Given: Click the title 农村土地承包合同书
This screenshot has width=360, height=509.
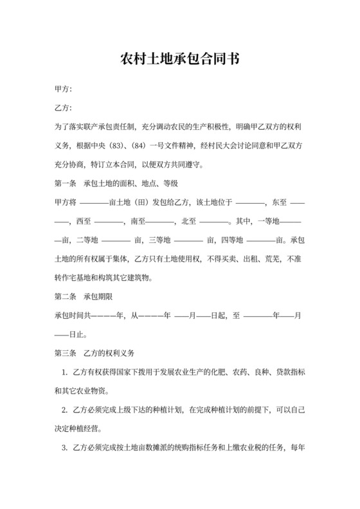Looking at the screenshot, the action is click(180, 61).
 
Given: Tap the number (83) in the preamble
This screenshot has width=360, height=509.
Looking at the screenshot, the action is click(117, 146).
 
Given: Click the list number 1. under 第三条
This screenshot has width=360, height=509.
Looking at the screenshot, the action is click(65, 372).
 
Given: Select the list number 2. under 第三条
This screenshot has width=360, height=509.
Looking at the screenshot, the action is click(65, 409).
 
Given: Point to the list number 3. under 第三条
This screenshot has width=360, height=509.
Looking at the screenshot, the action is click(65, 447).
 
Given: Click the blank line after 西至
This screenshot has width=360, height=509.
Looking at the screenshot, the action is click(109, 222).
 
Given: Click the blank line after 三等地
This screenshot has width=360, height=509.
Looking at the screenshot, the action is click(188, 240).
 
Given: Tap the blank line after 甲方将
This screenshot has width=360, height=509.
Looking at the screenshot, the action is click(93, 202).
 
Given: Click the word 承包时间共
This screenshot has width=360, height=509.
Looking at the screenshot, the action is click(73, 316).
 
